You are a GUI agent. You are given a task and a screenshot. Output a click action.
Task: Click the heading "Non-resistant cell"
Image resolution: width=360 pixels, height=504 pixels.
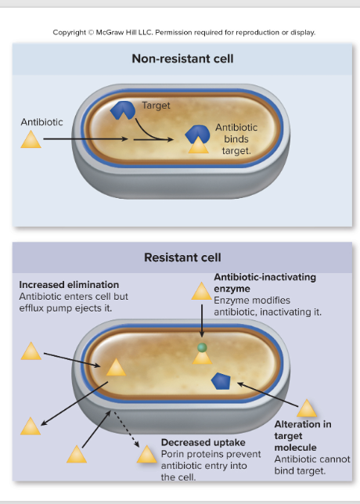pyautogui.click(x=182, y=59)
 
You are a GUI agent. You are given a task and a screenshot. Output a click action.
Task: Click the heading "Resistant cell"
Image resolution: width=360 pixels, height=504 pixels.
pyautogui.click(x=182, y=257)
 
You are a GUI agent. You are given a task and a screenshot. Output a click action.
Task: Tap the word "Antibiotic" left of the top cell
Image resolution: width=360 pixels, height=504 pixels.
pyautogui.click(x=41, y=123)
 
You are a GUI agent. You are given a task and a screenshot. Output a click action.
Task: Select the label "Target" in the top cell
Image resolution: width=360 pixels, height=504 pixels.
pyautogui.click(x=156, y=105)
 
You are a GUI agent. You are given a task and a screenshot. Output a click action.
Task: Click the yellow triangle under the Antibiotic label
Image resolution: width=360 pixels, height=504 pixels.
pyautogui.click(x=31, y=140)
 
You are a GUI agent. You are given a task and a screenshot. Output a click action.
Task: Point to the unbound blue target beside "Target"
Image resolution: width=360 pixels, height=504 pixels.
pyautogui.click(x=122, y=110)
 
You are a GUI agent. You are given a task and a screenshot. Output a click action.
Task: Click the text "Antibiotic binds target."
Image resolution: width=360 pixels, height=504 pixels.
pyautogui.click(x=236, y=139)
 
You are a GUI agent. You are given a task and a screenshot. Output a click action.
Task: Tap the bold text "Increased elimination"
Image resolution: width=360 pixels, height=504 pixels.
pyautogui.click(x=69, y=285)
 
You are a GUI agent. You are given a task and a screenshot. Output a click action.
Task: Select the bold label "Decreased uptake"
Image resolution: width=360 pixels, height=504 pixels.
pyautogui.click(x=203, y=443)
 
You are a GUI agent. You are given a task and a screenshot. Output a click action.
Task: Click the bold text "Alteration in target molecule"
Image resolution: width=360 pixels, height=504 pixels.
pyautogui.click(x=302, y=435)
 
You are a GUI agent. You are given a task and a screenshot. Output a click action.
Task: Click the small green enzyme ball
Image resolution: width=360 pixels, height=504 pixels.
pyautogui.click(x=202, y=347)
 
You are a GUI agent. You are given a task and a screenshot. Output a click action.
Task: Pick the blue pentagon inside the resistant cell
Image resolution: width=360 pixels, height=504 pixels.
pyautogui.click(x=221, y=381)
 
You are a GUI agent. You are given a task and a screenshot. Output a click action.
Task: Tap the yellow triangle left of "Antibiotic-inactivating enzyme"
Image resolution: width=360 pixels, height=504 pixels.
pyautogui.click(x=201, y=293)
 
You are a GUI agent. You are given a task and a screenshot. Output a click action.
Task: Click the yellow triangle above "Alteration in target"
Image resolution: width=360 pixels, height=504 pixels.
pyautogui.click(x=306, y=409)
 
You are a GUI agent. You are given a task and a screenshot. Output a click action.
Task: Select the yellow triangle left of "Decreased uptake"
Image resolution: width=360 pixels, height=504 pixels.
pyautogui.click(x=146, y=455)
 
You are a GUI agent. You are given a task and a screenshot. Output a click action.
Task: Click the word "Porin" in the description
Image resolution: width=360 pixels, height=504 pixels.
pyautogui.click(x=174, y=454)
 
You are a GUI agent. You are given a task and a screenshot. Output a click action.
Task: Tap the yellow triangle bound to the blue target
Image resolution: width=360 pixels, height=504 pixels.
pyautogui.click(x=199, y=146)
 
